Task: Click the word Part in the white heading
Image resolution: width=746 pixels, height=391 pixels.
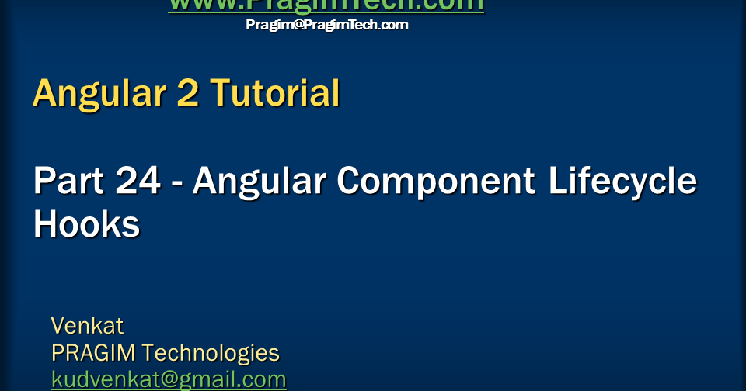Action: point(64,182)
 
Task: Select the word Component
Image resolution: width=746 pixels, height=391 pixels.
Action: point(436,182)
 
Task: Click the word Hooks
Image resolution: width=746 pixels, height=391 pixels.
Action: point(86,225)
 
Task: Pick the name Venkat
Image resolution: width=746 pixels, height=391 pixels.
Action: point(87,324)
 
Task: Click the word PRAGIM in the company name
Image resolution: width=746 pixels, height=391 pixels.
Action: point(93,353)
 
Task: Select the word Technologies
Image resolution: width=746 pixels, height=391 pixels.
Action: point(211,353)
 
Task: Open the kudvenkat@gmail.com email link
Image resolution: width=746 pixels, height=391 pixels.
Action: point(169,380)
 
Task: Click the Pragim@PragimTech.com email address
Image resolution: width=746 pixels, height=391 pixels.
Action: point(326,25)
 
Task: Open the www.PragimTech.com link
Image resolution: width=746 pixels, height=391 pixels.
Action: point(326,5)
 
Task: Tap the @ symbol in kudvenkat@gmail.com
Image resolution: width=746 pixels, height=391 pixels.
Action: point(165,380)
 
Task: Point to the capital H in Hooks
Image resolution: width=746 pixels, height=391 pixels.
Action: point(46,225)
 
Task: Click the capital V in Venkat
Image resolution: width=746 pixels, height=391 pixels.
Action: point(58,324)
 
